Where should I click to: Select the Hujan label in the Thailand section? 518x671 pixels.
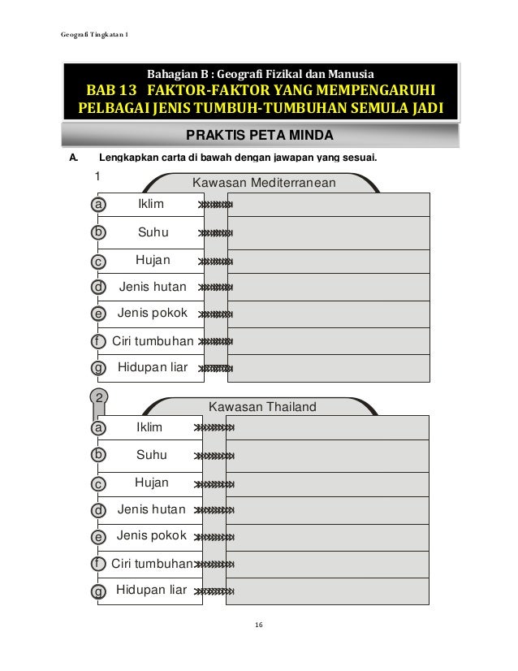pyautogui.click(x=151, y=483)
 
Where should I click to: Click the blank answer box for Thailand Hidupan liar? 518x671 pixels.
pyautogui.click(x=328, y=591)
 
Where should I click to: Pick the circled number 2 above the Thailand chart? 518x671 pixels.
pyautogui.click(x=99, y=398)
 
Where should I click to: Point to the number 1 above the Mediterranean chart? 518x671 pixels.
pyautogui.click(x=97, y=175)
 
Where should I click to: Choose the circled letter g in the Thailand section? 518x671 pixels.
pyautogui.click(x=98, y=591)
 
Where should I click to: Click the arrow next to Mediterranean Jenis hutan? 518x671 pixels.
pyautogui.click(x=215, y=288)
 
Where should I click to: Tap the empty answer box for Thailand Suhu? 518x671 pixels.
pyautogui.click(x=328, y=455)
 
